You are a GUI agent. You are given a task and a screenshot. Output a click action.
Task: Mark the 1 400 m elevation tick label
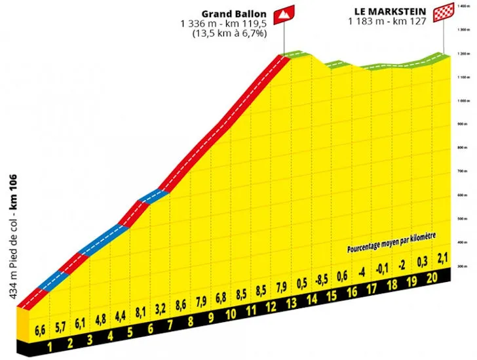(464, 5)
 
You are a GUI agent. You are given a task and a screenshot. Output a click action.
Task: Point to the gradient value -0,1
(380, 268)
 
